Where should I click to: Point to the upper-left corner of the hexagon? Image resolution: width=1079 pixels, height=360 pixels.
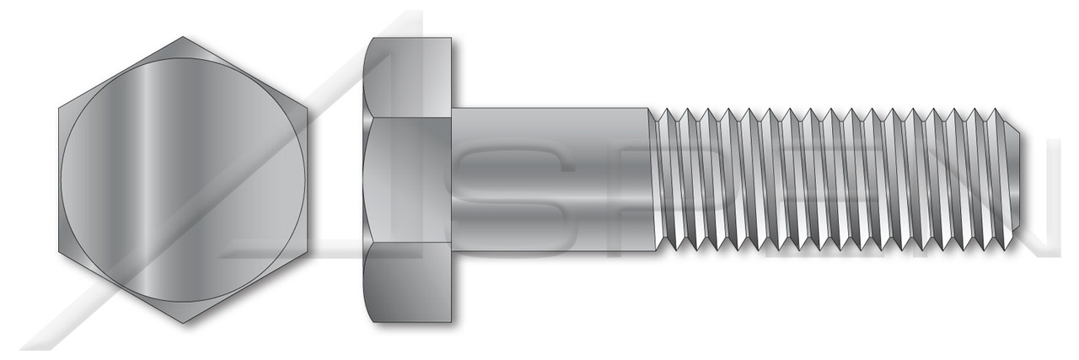[60, 108]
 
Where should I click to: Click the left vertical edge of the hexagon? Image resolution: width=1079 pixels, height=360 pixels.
[60, 180]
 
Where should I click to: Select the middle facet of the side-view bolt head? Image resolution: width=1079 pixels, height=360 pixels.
[411, 180]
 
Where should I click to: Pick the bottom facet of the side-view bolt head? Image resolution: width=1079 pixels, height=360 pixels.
[411, 282]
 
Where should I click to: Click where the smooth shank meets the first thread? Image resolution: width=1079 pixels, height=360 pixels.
[651, 179]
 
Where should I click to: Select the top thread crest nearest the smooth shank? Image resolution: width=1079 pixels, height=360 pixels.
[666, 110]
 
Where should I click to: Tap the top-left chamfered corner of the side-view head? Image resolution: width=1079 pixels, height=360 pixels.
[368, 42]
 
